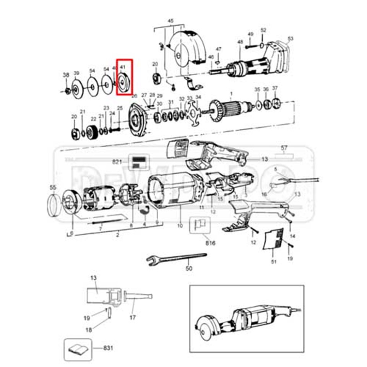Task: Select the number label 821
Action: pos(117,161)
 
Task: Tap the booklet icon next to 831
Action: pos(78,349)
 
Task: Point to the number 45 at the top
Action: pos(171,21)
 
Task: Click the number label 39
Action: pos(76,73)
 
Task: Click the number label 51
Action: pos(273,261)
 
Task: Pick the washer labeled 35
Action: pos(258,104)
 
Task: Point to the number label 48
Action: pos(240,42)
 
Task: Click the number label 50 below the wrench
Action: pos(189,269)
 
